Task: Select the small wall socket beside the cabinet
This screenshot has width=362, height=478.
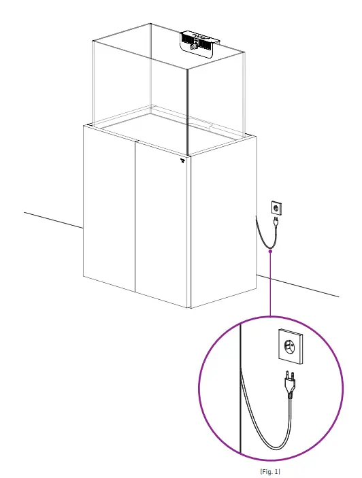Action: pos(276,207)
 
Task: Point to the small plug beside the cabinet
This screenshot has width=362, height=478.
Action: pos(275,222)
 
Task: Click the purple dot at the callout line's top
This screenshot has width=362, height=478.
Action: pos(270,251)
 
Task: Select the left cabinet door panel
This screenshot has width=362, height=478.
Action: pos(110,211)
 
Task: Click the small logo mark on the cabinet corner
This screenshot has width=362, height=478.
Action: pos(182,162)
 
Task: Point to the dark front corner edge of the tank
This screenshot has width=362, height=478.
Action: pos(186,109)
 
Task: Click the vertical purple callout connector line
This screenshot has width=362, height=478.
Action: pos(270,286)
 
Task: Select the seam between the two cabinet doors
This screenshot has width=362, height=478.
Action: pos(135,218)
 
